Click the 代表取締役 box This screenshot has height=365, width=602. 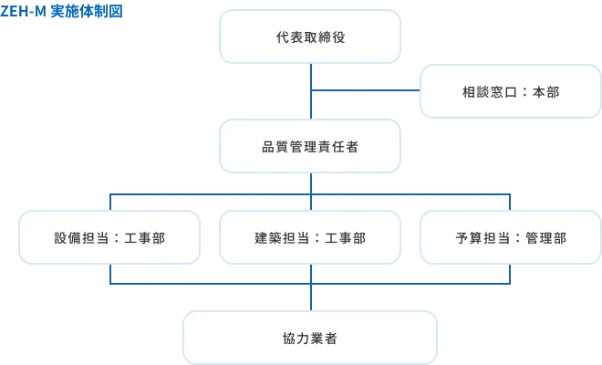310,37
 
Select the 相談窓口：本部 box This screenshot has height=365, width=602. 510,92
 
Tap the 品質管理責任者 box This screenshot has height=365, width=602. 310,147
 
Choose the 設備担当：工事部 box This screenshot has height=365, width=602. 110,238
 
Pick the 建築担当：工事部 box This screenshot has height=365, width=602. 310,238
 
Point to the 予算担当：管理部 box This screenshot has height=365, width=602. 510,238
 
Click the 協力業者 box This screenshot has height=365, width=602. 310,338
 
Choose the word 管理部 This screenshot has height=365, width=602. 546,238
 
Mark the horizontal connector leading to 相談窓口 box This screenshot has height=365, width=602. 365,92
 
